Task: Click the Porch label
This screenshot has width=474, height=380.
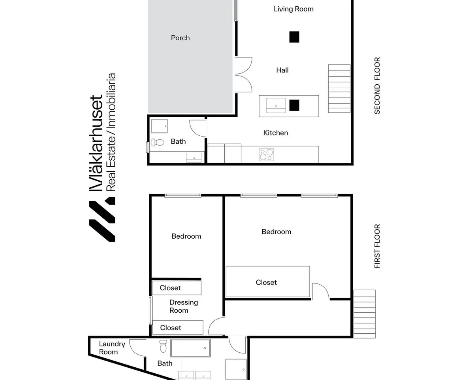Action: click(180, 38)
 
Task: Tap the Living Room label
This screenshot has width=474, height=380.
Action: click(293, 9)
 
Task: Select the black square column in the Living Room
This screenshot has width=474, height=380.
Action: click(294, 37)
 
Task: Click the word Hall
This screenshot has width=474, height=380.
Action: click(282, 70)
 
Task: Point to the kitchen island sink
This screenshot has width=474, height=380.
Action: click(276, 106)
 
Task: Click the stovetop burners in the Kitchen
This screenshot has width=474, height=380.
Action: click(267, 154)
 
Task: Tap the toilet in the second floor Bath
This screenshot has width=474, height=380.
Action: click(158, 142)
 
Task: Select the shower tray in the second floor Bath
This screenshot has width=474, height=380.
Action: click(160, 126)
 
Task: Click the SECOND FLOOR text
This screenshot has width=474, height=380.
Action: click(377, 85)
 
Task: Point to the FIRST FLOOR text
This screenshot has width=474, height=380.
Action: click(377, 246)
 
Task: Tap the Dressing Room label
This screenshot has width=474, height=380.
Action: click(184, 306)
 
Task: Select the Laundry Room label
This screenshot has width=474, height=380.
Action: click(112, 348)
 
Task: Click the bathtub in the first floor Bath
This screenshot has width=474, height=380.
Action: click(191, 348)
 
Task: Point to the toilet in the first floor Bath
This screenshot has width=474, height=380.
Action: click(163, 346)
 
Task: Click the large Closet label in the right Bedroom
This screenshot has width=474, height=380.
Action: click(266, 282)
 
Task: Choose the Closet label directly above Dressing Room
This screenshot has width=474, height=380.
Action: click(170, 288)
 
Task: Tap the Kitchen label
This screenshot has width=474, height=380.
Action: click(276, 133)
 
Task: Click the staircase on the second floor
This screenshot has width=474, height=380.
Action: click(339, 89)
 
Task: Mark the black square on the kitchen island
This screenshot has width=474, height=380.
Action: click(294, 105)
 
